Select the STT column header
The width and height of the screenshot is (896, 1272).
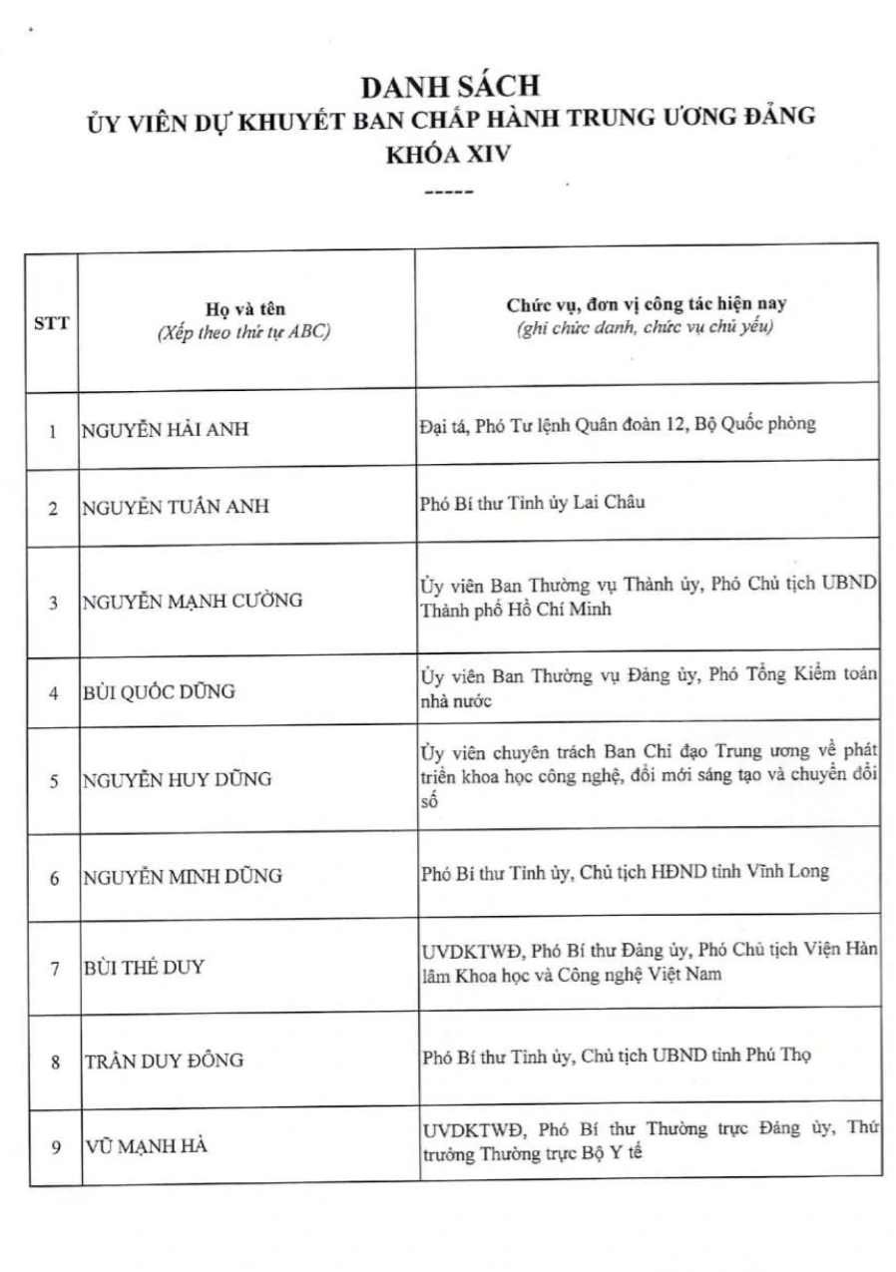[52, 322]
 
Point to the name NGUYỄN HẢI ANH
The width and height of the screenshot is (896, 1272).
[166, 430]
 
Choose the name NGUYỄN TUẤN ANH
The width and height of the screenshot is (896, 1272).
[176, 507]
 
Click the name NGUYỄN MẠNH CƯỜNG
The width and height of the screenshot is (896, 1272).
[193, 601]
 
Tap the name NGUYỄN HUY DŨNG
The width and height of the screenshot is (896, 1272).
[177, 780]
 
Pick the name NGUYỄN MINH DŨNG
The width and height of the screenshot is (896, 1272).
[183, 877]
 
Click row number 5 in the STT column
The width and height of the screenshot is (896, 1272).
[54, 781]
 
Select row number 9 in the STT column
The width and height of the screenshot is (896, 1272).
[54, 1147]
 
